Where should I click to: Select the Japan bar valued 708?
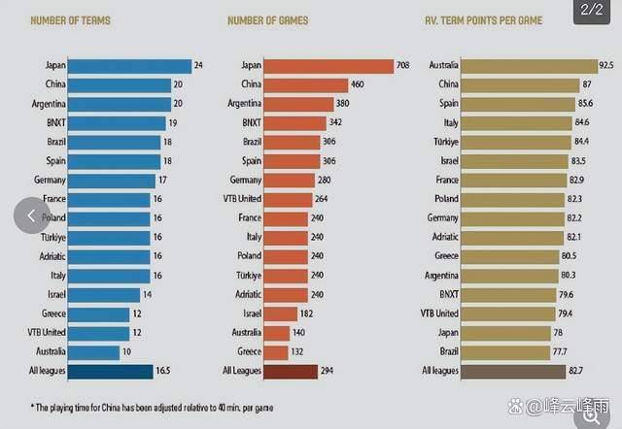[x=329, y=66]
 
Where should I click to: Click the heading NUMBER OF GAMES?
[x=267, y=20]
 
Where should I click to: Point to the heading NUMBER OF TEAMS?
[x=69, y=20]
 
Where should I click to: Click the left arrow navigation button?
[x=31, y=215]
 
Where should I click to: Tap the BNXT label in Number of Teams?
[x=54, y=122]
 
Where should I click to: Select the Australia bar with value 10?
[x=97, y=351]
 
